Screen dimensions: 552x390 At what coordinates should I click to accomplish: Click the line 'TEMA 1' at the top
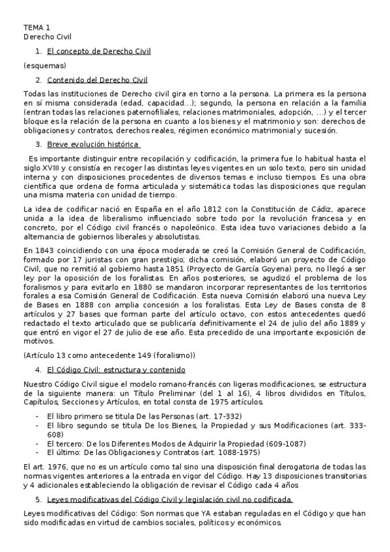[36, 27]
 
